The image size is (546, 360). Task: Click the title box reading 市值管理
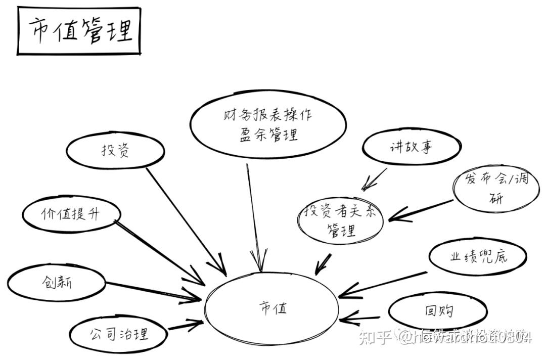(x=79, y=31)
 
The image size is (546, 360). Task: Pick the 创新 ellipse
(x=57, y=282)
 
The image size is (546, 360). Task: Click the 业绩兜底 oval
(x=478, y=256)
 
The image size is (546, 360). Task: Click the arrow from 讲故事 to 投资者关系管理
(x=375, y=179)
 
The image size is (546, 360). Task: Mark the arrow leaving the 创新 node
(x=152, y=290)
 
